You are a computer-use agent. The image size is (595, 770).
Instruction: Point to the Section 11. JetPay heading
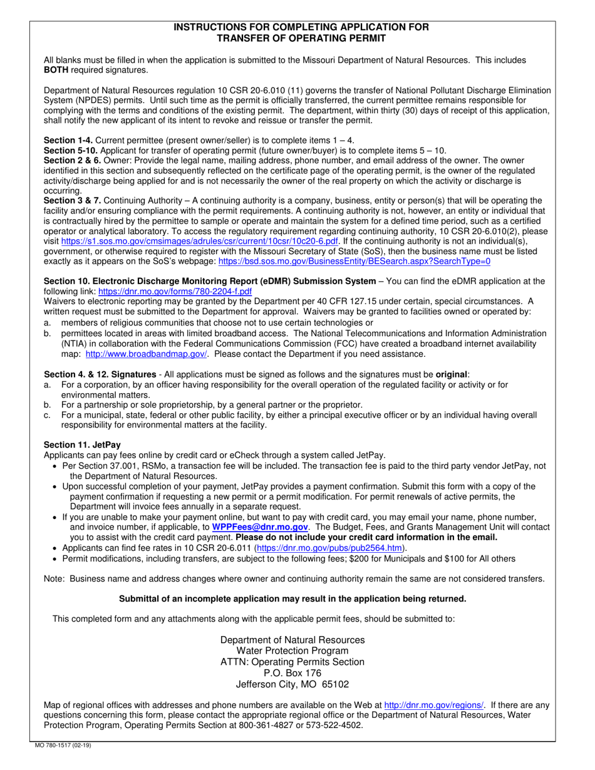[82, 444]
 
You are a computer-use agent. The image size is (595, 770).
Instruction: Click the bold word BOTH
[56, 69]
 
